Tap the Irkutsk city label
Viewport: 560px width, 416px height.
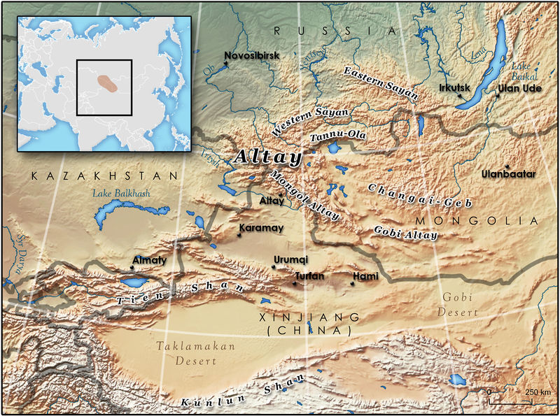coord(455,89)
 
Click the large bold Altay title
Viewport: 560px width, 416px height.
coord(268,157)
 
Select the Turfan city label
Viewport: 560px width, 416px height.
coord(309,276)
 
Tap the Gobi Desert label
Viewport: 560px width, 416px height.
coord(458,303)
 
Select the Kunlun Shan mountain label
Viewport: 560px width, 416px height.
coord(241,392)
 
